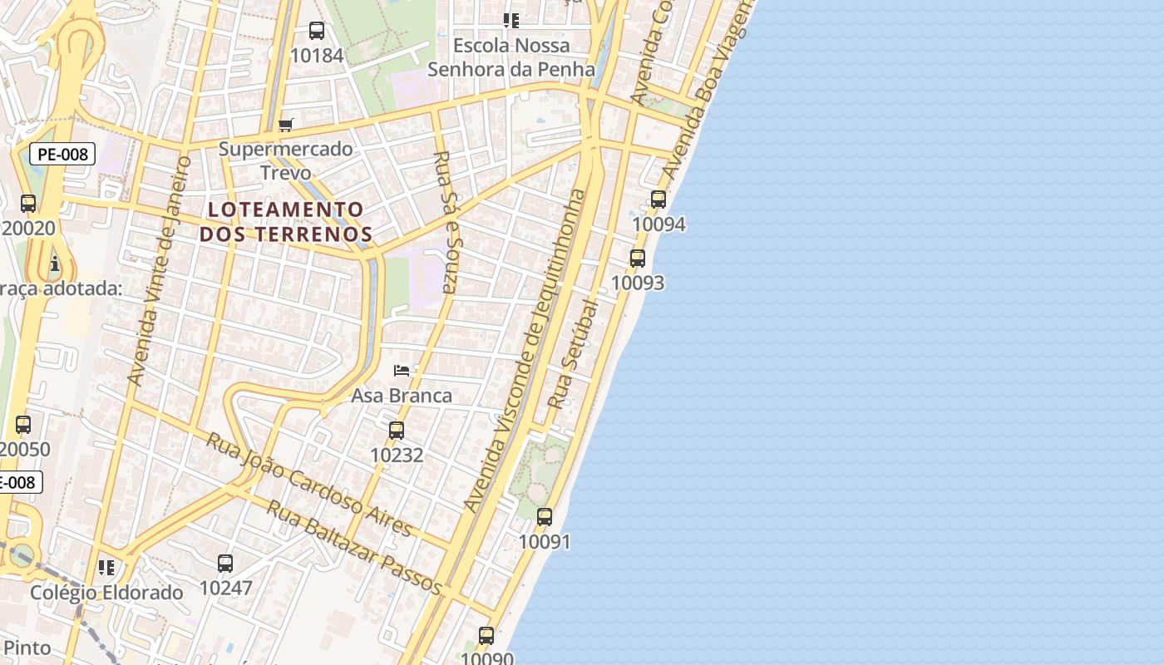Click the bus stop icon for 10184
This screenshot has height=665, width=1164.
pyautogui.click(x=317, y=31)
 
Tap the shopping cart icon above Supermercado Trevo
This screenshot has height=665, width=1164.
pyautogui.click(x=286, y=125)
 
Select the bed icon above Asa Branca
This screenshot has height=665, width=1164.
pyautogui.click(x=402, y=370)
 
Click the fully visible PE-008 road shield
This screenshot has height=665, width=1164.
pyautogui.click(x=62, y=154)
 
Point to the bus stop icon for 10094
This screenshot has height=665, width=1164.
pyautogui.click(x=658, y=199)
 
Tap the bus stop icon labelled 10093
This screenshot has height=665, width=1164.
pyautogui.click(x=638, y=259)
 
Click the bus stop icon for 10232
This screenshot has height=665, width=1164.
pyautogui.click(x=397, y=431)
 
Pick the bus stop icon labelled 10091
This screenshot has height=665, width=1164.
pyautogui.click(x=545, y=517)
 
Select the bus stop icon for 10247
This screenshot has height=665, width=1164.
pyautogui.click(x=225, y=564)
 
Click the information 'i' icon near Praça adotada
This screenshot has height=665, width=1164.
pyautogui.click(x=55, y=264)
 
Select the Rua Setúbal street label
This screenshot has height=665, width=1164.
pyautogui.click(x=573, y=353)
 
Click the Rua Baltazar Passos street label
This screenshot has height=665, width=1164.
pyautogui.click(x=353, y=546)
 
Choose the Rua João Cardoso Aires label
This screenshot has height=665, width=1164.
pyautogui.click(x=308, y=484)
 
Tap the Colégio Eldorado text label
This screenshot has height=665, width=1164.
pyautogui.click(x=106, y=593)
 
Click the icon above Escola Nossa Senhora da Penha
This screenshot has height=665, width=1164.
pyautogui.click(x=511, y=21)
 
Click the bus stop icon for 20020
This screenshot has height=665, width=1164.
pyautogui.click(x=28, y=204)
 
